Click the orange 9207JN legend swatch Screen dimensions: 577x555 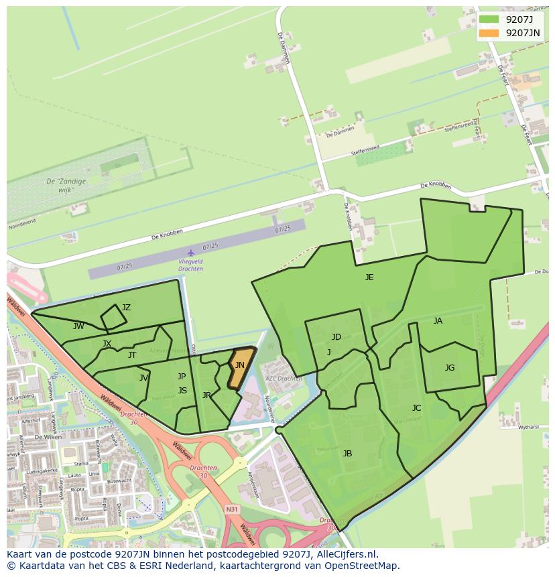coord(489,32)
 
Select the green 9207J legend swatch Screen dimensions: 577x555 coord(489,19)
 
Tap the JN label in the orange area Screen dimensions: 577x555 coord(239,365)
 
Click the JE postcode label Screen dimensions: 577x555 coord(369,277)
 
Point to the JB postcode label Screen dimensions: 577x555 coord(347,454)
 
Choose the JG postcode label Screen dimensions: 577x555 coord(450,367)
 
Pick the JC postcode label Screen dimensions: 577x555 coord(416,407)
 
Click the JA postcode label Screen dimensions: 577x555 coord(438,321)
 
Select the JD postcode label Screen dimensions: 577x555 coord(336,337)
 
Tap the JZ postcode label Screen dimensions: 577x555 coord(126,308)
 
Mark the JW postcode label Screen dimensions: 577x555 coord(78,326)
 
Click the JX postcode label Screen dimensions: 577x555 coord(107,344)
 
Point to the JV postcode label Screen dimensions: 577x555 coord(143,378)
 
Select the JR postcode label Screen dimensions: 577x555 coord(206,395)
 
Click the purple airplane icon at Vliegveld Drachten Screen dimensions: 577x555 coord(191,253)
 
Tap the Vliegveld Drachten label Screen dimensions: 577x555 coord(191,265)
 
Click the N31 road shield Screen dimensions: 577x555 coord(232,510)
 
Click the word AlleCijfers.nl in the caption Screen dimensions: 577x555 coord(348,555)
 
